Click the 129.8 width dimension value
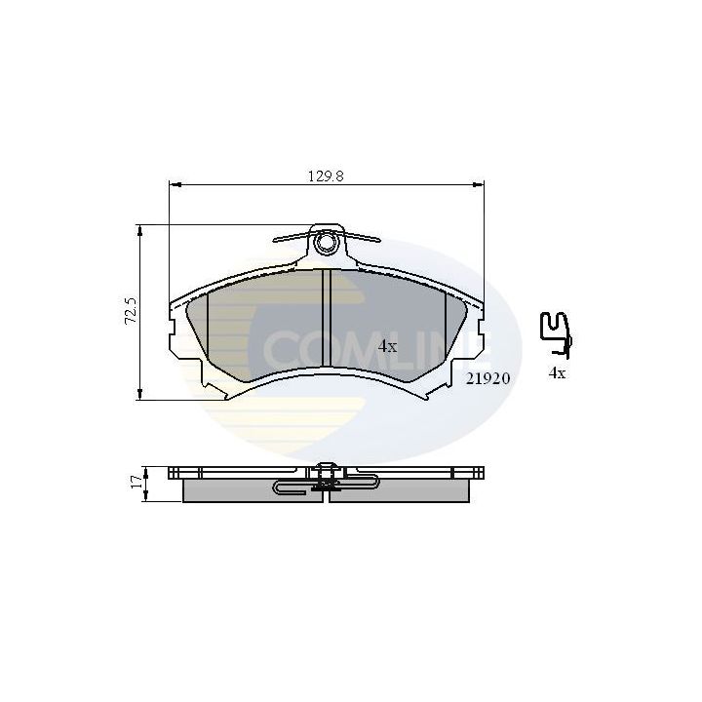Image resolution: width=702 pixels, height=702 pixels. [328, 176]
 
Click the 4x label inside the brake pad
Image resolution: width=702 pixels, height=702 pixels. [387, 346]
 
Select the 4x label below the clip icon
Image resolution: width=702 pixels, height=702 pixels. [558, 372]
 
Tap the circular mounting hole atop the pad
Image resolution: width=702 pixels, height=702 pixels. [328, 240]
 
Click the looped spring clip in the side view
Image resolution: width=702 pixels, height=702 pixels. [292, 486]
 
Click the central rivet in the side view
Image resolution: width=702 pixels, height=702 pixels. [327, 472]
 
